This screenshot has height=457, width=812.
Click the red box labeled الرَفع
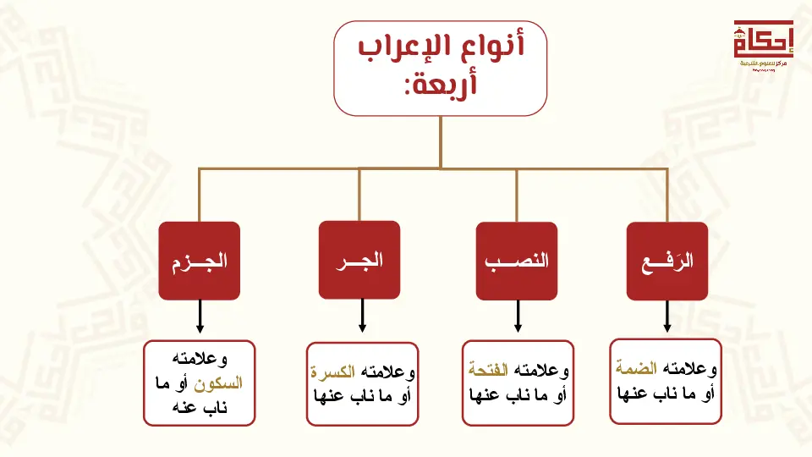(x=667, y=261)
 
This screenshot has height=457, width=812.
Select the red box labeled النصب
(x=516, y=261)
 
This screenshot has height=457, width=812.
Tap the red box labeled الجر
(x=359, y=260)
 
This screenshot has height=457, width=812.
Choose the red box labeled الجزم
(x=199, y=261)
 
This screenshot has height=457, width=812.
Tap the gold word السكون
(x=218, y=383)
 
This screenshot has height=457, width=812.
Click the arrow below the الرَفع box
(x=667, y=317)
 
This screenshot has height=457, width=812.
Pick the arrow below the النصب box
(x=517, y=317)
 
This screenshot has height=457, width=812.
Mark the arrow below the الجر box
(x=362, y=317)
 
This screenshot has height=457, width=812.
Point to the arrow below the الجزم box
(x=200, y=317)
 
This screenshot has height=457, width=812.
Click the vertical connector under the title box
(x=440, y=140)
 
